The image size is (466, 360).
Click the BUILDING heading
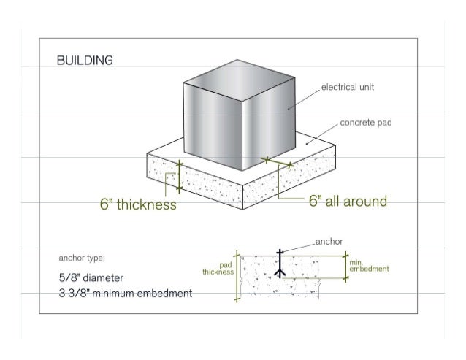click(x=85, y=61)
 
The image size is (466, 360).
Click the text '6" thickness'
click(x=138, y=205)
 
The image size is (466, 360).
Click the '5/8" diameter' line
click(x=92, y=278)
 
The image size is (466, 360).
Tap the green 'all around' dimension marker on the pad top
click(x=278, y=162)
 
